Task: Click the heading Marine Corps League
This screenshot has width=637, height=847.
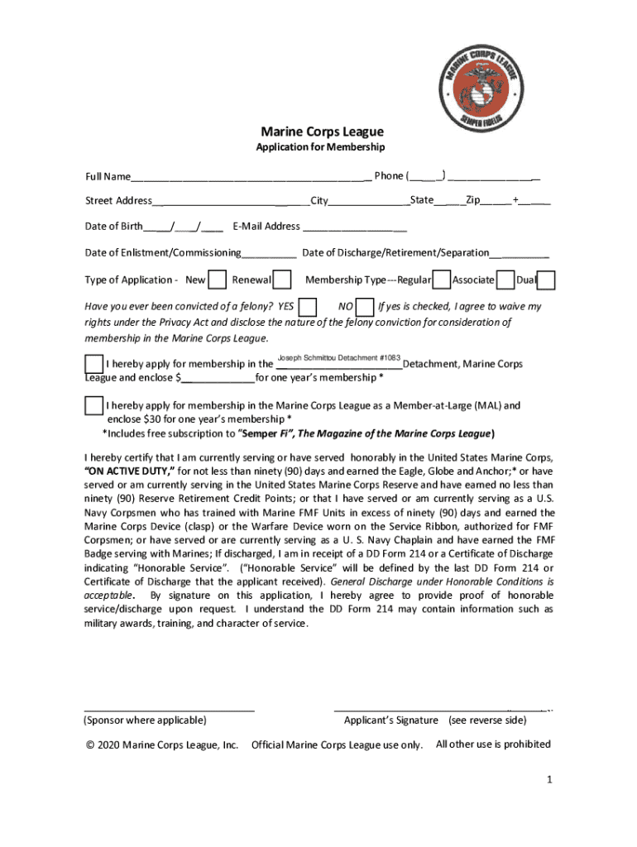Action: [x=322, y=132]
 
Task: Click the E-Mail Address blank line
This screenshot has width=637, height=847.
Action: [x=355, y=227]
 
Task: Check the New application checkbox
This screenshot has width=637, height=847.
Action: [x=218, y=280]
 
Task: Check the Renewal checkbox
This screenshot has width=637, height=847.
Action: [x=282, y=280]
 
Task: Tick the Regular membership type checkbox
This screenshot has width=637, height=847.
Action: [x=442, y=280]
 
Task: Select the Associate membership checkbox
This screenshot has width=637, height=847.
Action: [x=505, y=280]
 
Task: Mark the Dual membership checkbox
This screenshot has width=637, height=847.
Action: [x=547, y=280]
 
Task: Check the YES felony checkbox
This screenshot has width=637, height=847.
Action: [x=307, y=308]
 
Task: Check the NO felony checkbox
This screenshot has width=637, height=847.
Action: [x=364, y=308]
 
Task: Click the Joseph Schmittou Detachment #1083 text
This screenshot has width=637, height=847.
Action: [x=338, y=357]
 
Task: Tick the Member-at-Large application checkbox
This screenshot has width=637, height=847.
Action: [x=93, y=406]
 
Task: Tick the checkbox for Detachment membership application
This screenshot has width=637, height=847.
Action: [x=93, y=364]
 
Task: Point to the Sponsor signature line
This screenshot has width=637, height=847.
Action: [x=169, y=709]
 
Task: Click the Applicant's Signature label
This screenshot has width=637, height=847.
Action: [x=391, y=720]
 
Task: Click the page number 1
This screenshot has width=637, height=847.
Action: [x=548, y=780]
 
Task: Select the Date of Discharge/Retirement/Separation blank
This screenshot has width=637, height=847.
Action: [x=520, y=254]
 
